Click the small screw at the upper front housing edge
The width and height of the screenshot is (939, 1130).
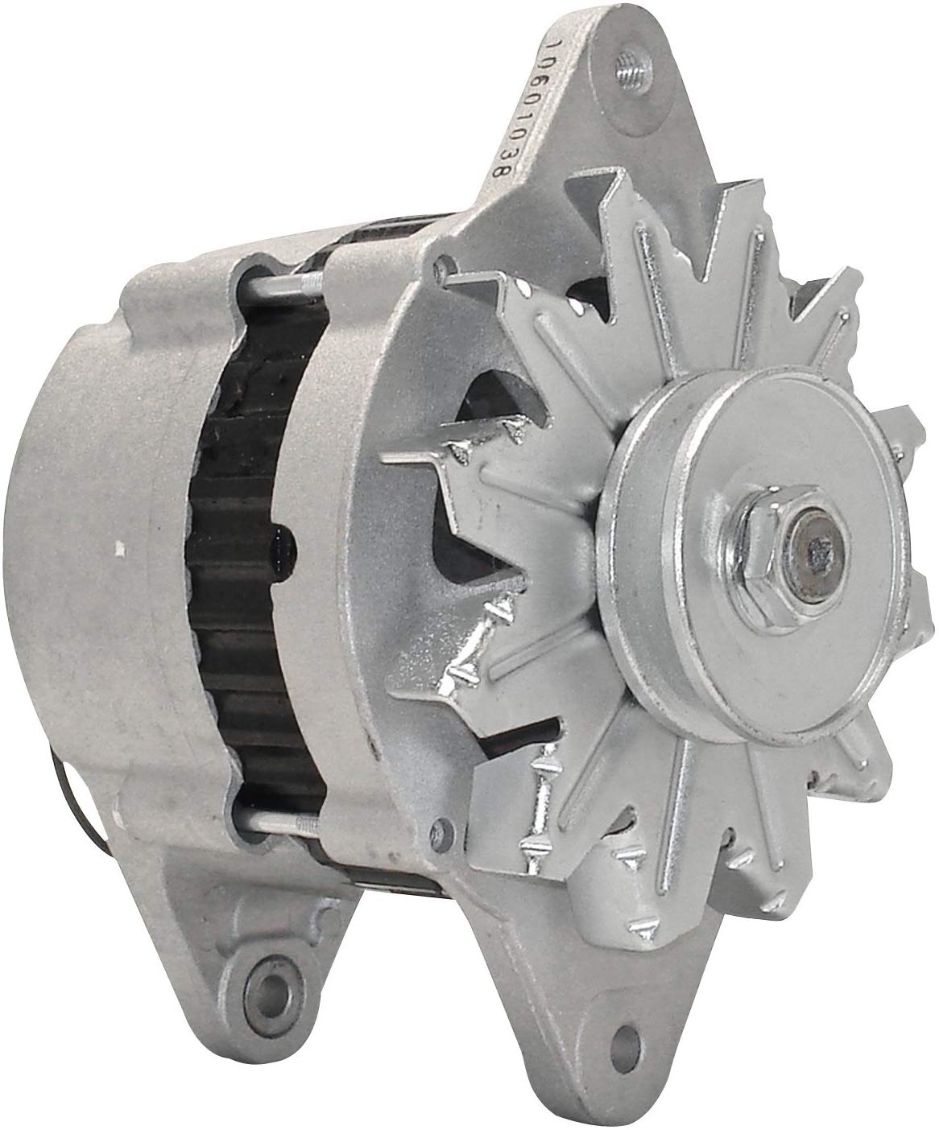[x=443, y=264]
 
